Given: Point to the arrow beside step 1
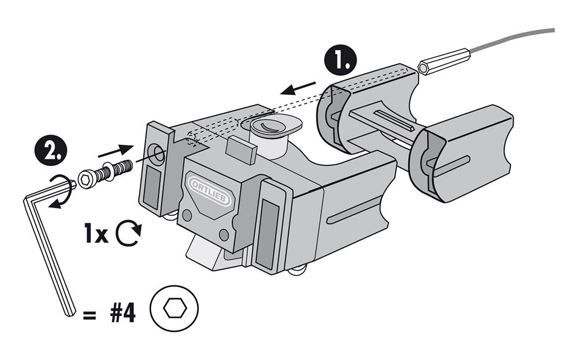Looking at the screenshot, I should [x=300, y=87].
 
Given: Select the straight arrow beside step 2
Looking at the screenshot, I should [x=116, y=150].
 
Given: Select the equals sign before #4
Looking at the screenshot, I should [x=89, y=314].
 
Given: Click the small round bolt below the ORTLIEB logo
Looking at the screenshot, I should [x=187, y=215].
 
